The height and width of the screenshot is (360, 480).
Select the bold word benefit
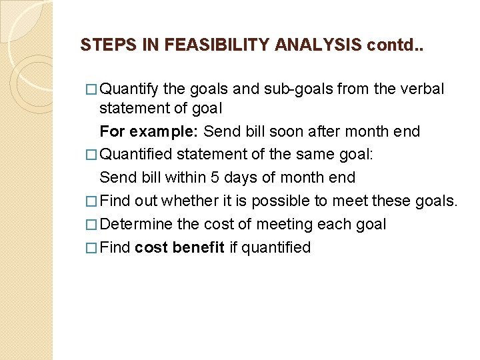point(199,248)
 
